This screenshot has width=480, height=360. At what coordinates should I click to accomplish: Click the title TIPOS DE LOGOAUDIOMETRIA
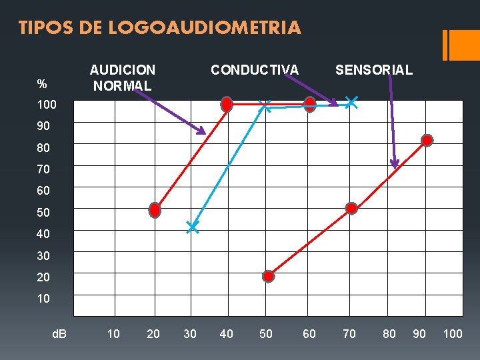click(x=160, y=28)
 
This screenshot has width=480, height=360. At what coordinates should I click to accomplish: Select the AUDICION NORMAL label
click(x=123, y=77)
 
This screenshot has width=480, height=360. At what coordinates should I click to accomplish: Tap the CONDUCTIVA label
click(x=255, y=69)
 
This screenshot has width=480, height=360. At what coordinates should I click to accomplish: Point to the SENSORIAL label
click(x=374, y=69)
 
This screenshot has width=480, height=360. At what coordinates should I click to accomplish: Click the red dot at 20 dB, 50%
click(x=155, y=210)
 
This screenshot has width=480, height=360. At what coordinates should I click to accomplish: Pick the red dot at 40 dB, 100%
click(x=227, y=105)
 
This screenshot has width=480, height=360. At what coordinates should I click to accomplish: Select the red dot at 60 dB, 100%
click(x=310, y=103)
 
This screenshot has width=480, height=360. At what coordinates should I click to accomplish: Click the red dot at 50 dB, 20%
click(x=268, y=276)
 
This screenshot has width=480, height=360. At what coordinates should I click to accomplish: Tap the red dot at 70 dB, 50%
click(x=351, y=208)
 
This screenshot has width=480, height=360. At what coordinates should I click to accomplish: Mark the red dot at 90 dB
click(x=427, y=140)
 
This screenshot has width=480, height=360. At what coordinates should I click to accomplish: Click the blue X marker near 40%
click(x=192, y=227)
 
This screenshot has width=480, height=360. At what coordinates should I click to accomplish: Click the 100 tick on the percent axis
click(x=47, y=105)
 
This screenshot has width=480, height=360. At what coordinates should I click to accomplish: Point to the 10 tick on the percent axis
click(x=43, y=299)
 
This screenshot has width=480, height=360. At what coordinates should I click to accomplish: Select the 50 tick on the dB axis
click(x=265, y=333)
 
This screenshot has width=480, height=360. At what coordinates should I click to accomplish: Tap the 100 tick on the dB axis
click(x=453, y=333)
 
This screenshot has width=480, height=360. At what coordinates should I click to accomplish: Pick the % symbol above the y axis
click(x=42, y=84)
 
